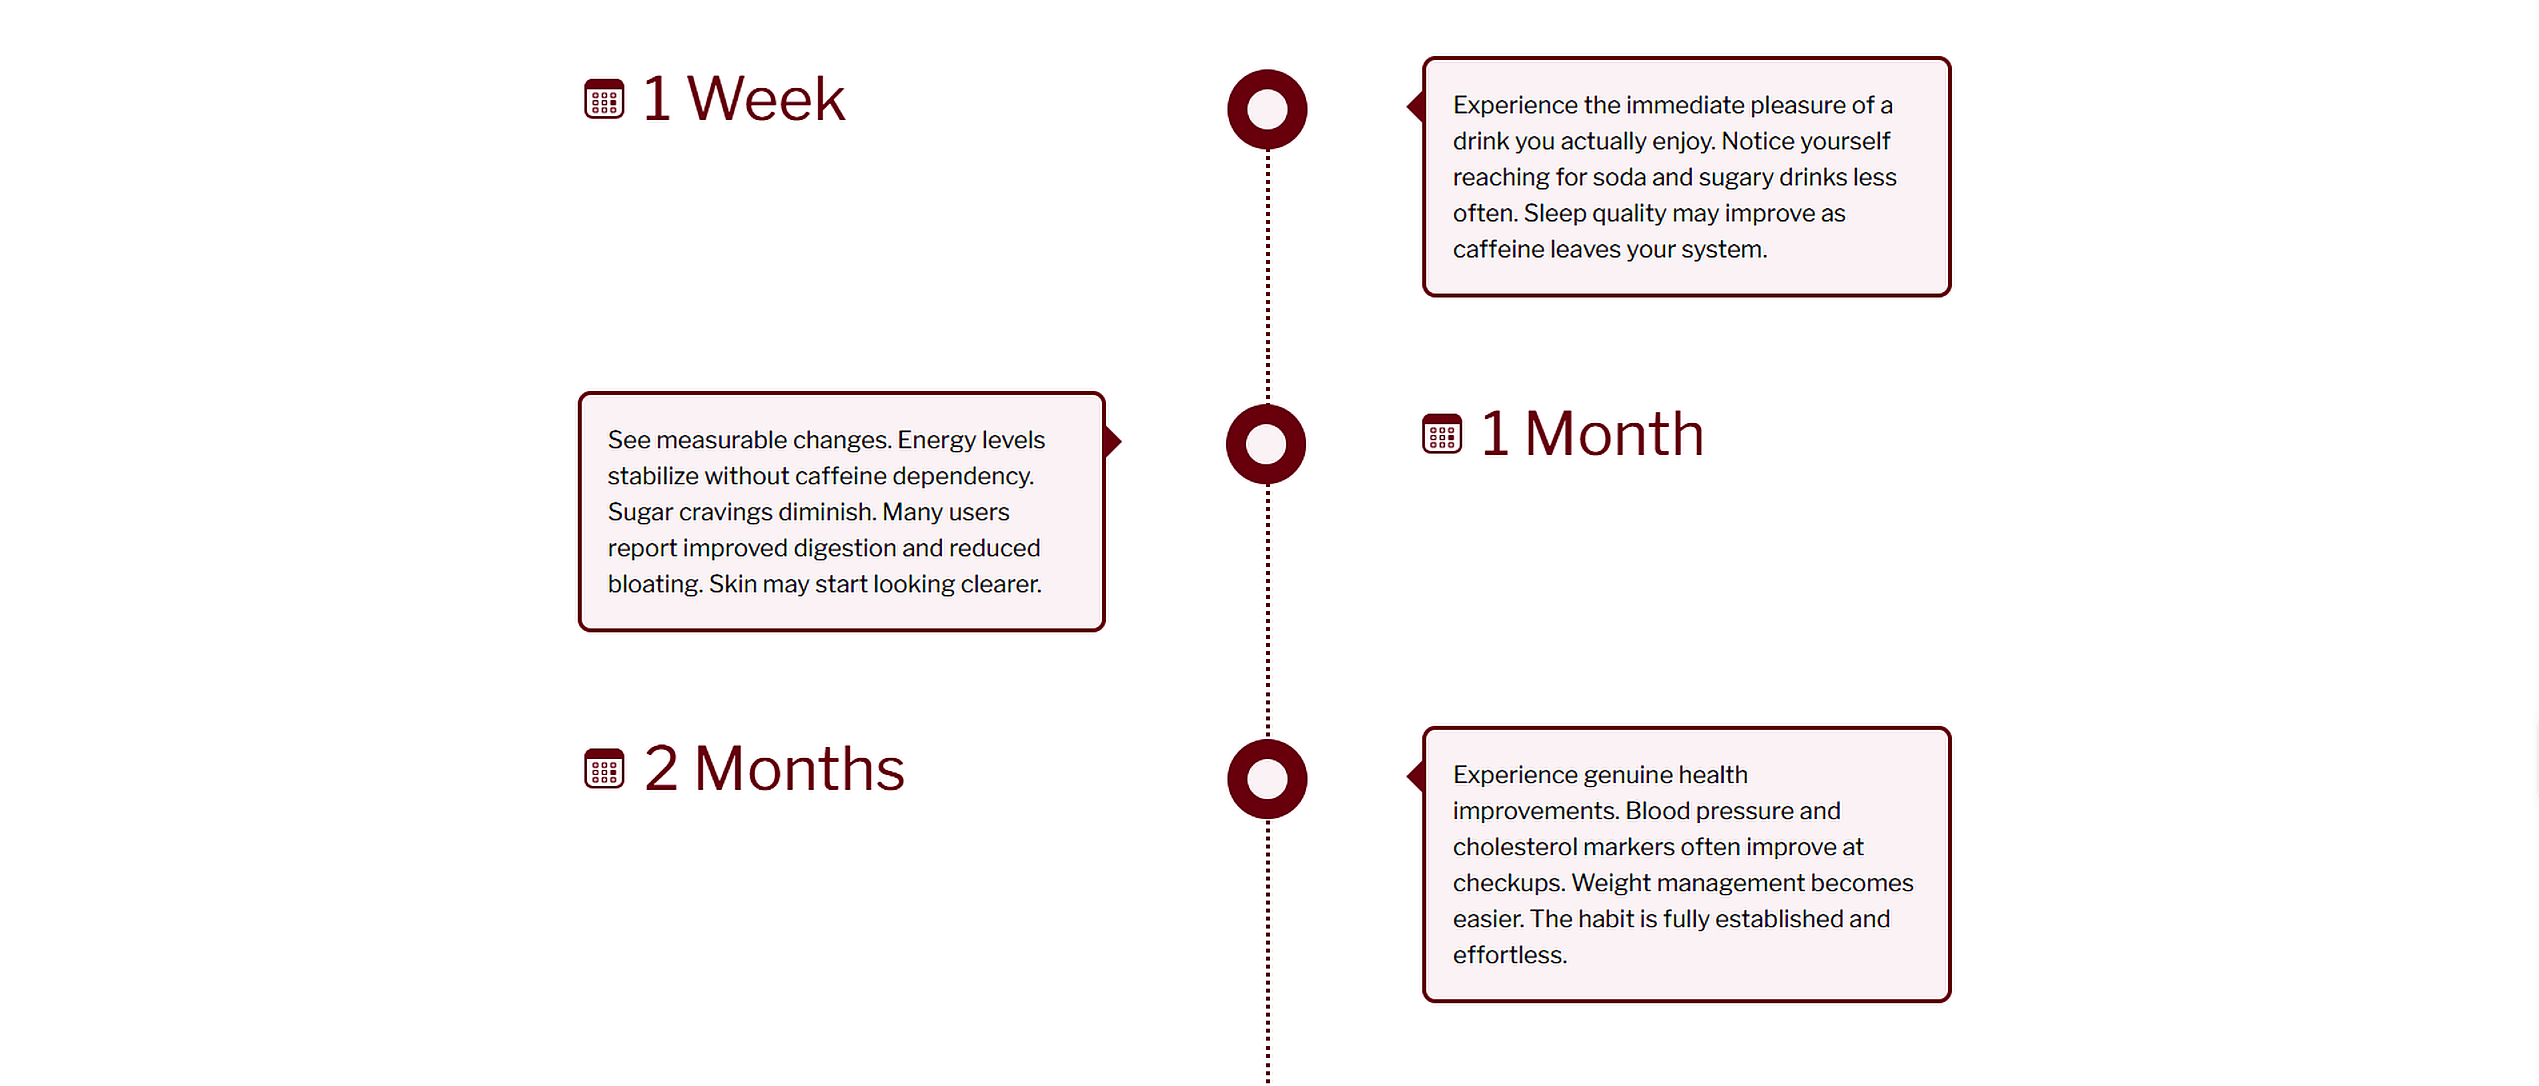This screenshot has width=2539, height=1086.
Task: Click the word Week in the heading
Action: coord(766,99)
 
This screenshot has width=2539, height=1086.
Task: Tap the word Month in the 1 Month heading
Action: coord(1614,434)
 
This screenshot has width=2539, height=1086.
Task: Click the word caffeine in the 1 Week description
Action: coord(1497,249)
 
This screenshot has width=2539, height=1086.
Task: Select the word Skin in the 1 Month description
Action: coord(732,584)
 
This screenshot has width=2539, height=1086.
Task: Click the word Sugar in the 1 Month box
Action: coord(640,512)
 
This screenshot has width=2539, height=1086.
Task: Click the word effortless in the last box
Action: coord(1508,955)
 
